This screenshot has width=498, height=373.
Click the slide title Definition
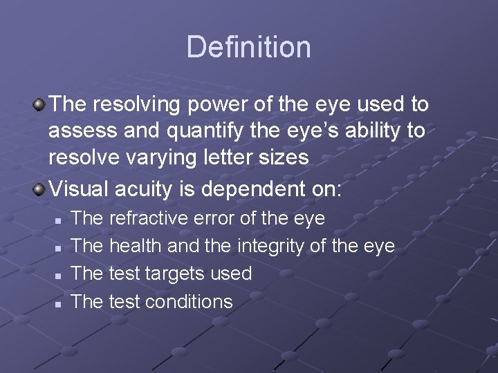point(248,47)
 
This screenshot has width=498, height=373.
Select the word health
point(136,247)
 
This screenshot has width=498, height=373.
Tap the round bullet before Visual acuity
point(40,189)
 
